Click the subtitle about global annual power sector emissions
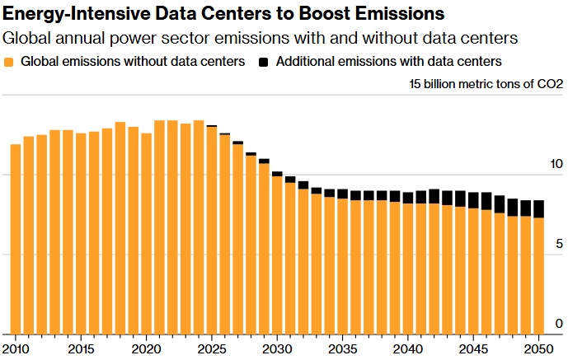[260, 38]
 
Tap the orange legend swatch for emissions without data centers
[9, 62]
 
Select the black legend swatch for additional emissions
[264, 62]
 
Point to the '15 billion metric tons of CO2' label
[486, 84]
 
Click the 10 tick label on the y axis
[556, 165]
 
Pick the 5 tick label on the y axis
[559, 244]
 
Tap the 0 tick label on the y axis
[559, 323]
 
